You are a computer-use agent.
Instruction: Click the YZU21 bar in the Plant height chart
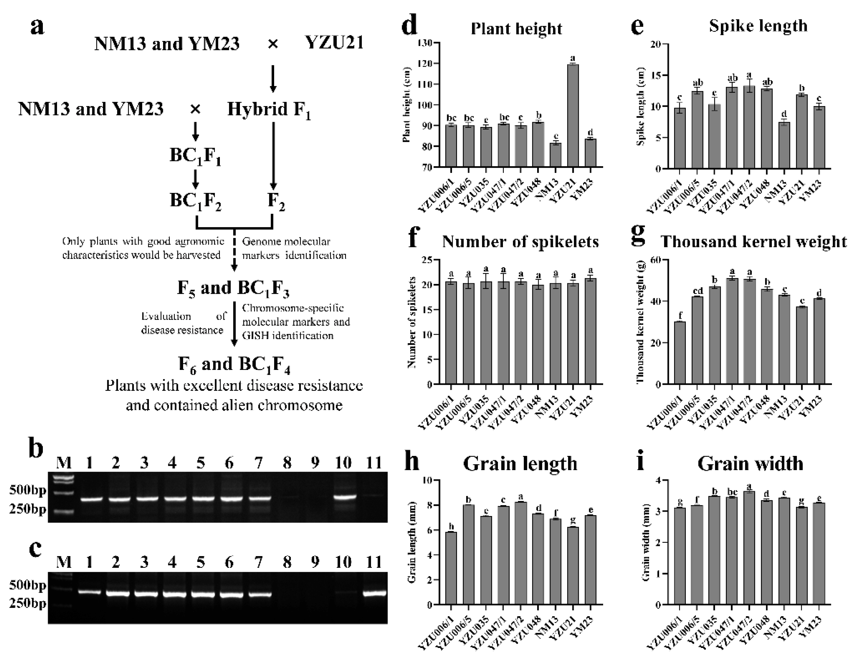pos(573,116)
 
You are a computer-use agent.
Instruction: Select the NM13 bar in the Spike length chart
pos(784,146)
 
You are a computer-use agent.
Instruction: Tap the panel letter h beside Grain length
pos(412,462)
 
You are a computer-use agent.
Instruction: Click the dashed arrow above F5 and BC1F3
pos(234,249)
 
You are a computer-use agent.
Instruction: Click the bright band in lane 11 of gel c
pos(374,593)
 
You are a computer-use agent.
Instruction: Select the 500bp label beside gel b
pos(27,490)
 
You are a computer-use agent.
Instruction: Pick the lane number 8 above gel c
pos(287,563)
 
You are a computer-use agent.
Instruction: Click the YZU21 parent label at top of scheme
pos(334,43)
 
